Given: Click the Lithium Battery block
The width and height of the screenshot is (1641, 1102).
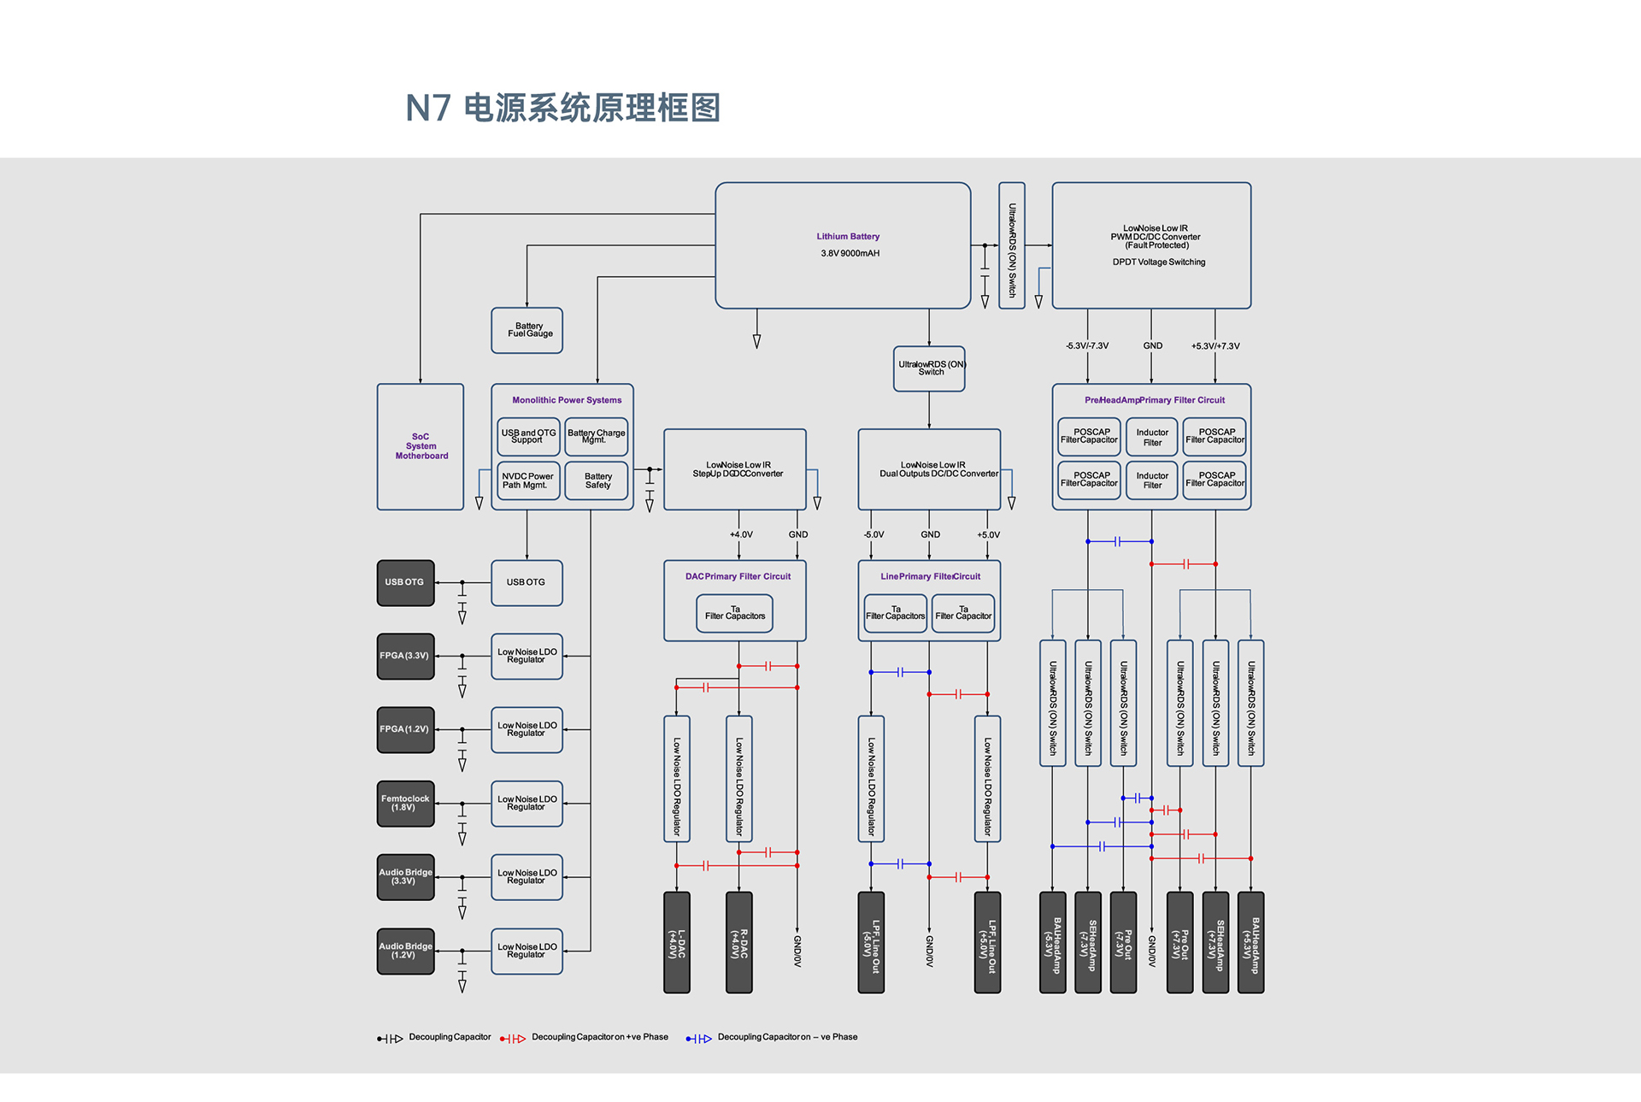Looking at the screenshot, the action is point(843,245).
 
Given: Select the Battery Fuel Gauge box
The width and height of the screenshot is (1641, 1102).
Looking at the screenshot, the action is point(526,330).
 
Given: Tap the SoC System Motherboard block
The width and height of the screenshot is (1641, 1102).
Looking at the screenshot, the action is point(421,447).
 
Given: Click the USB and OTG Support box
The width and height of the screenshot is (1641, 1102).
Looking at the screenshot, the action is point(528,437).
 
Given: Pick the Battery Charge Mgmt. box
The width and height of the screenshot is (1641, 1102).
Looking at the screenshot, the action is point(597,437).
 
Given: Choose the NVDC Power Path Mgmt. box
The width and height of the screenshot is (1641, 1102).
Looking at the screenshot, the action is point(528,480).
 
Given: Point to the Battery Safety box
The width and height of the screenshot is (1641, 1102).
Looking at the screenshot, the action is point(597,480).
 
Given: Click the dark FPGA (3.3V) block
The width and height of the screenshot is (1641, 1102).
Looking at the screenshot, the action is point(406,657).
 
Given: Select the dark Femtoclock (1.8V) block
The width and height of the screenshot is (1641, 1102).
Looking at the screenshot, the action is point(406,804).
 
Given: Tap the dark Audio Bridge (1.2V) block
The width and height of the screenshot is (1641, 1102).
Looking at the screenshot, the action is point(406,952).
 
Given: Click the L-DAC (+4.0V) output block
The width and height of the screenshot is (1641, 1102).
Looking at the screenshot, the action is point(677,942).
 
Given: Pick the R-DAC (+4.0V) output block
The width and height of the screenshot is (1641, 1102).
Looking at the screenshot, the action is point(739,942).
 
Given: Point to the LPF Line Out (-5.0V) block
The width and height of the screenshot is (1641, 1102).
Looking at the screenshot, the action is point(871,942).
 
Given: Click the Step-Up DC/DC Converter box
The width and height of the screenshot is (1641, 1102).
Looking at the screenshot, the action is point(735,469).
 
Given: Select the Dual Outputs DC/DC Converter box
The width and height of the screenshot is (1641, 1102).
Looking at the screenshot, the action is point(929,469).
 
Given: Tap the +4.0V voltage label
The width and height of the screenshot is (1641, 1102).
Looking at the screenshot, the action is point(741,534).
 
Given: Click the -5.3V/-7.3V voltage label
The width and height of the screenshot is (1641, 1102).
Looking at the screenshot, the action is point(1087,346).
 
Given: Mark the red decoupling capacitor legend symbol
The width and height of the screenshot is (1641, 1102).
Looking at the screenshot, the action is point(513,1039).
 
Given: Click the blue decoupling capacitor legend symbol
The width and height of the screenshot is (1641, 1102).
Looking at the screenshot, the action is point(699,1039).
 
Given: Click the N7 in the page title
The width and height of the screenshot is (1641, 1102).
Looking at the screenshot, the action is point(428,109).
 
